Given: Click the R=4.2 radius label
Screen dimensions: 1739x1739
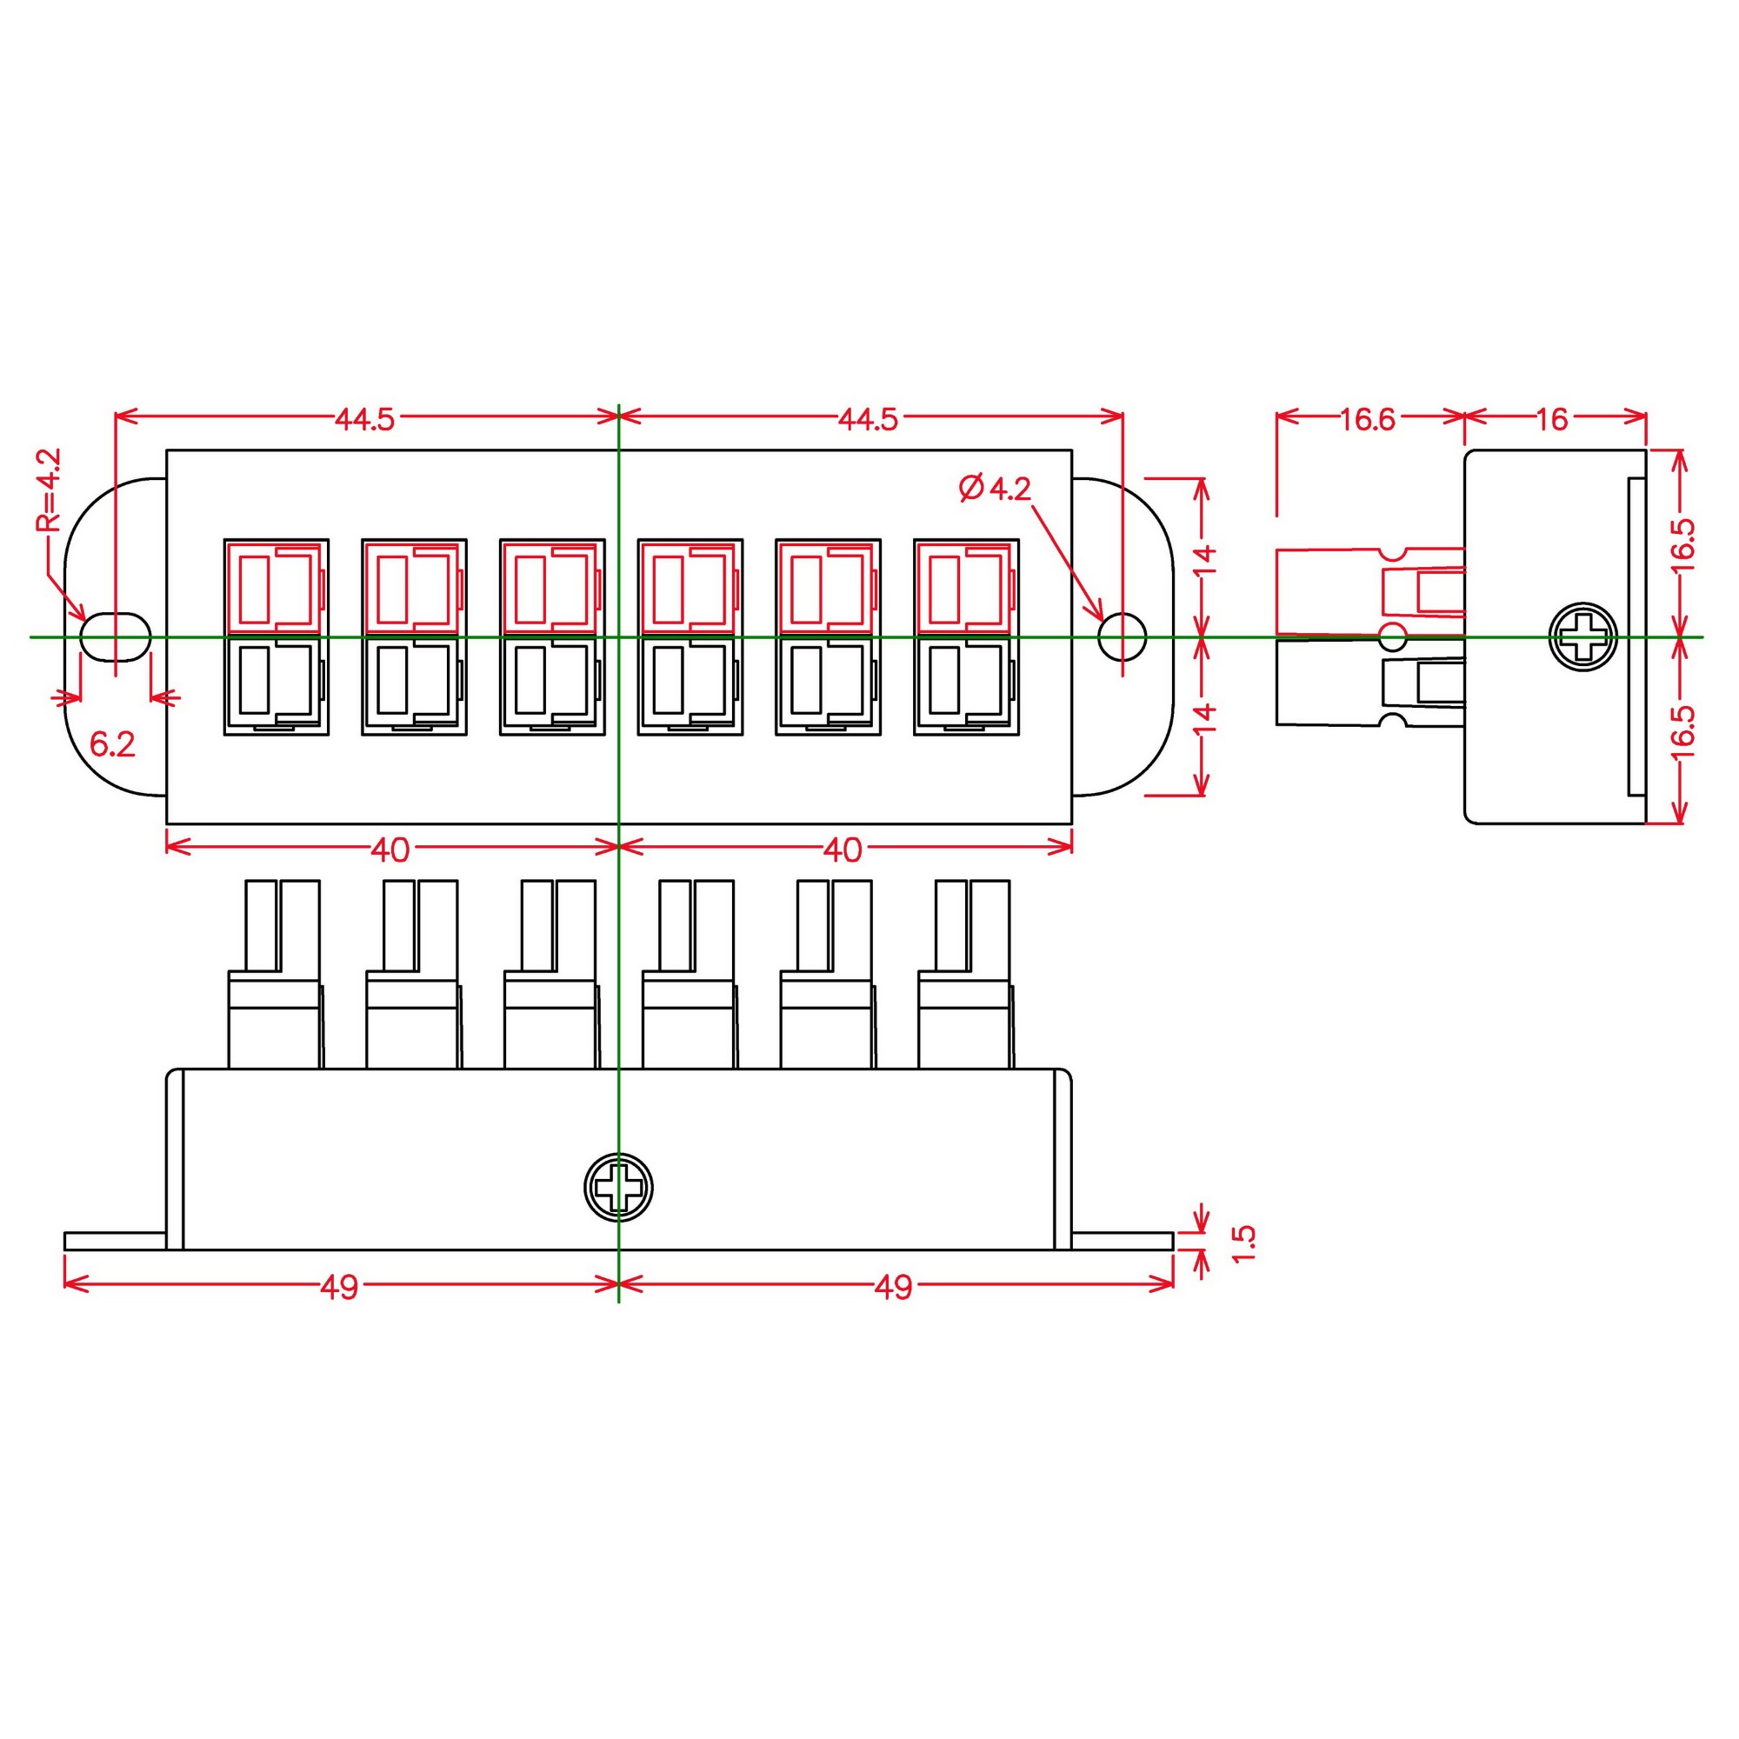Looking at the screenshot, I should (49, 490).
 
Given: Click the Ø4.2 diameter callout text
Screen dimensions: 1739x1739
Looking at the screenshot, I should (996, 489).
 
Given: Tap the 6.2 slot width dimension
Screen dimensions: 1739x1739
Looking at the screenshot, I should (112, 744).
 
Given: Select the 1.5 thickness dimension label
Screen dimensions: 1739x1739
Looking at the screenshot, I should (1243, 1243).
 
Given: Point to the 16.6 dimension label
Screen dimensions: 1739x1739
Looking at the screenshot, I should (1367, 419).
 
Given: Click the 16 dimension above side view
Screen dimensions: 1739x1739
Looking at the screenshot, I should (1552, 419).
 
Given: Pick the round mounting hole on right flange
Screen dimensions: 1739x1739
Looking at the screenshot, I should (1123, 636).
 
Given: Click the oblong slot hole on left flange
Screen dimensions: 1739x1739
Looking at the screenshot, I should (114, 636).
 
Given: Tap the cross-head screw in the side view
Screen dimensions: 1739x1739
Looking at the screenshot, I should (1582, 637).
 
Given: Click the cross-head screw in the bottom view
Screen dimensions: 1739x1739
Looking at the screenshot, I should (617, 1187).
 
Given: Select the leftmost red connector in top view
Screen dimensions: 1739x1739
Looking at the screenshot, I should (276, 587).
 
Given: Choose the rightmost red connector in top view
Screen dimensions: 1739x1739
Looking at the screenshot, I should (966, 587).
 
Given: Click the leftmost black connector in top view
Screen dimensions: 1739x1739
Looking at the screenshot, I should (276, 685).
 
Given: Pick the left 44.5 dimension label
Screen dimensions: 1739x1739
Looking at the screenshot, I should (364, 419).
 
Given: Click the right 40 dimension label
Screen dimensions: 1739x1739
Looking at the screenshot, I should (843, 850).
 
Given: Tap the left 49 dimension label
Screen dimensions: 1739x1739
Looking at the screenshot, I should (339, 1287).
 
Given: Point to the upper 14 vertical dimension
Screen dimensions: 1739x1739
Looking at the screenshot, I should (1206, 559).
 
